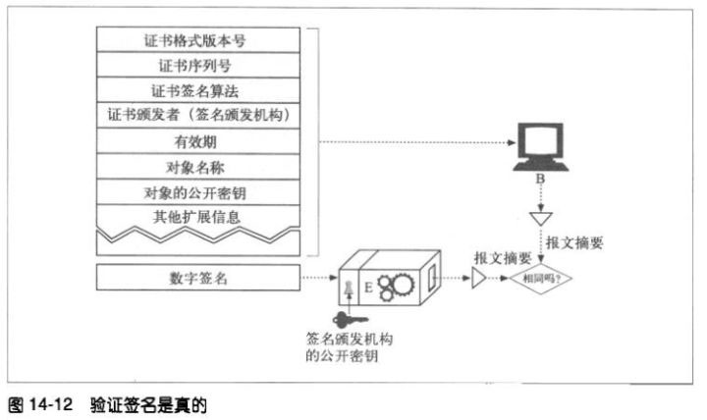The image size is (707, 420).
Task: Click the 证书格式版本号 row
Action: point(198,39)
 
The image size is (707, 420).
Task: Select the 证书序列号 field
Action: point(198,65)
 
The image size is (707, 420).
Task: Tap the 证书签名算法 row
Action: point(198,90)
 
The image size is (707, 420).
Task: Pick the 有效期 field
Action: point(198,141)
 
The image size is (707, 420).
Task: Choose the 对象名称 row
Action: point(198,167)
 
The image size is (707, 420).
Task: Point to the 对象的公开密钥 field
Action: point(198,192)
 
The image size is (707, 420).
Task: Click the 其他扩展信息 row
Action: point(198,217)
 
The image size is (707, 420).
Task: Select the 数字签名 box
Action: point(198,277)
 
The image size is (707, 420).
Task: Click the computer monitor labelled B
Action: point(540,146)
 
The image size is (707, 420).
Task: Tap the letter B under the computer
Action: point(540,179)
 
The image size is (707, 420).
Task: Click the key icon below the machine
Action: point(350,320)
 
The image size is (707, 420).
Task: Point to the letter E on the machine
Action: point(368,288)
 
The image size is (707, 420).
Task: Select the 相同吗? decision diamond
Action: point(541,279)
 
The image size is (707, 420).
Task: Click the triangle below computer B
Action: point(541,218)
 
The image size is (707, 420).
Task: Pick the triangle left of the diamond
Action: point(478,278)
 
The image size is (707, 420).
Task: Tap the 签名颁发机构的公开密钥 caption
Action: point(349,347)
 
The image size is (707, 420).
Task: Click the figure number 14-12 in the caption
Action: point(51,404)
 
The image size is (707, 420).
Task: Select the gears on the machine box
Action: point(395,287)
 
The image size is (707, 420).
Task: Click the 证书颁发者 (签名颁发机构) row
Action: point(198,116)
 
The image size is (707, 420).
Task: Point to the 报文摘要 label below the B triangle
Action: point(574,243)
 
